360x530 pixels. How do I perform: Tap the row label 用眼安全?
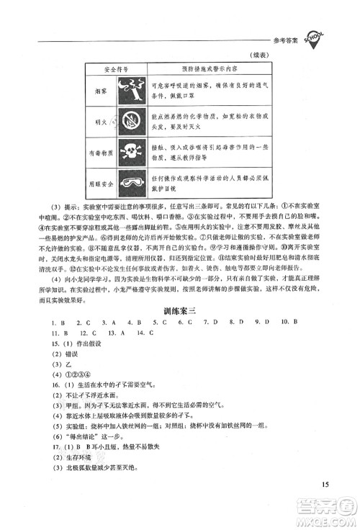tap(101, 183)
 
